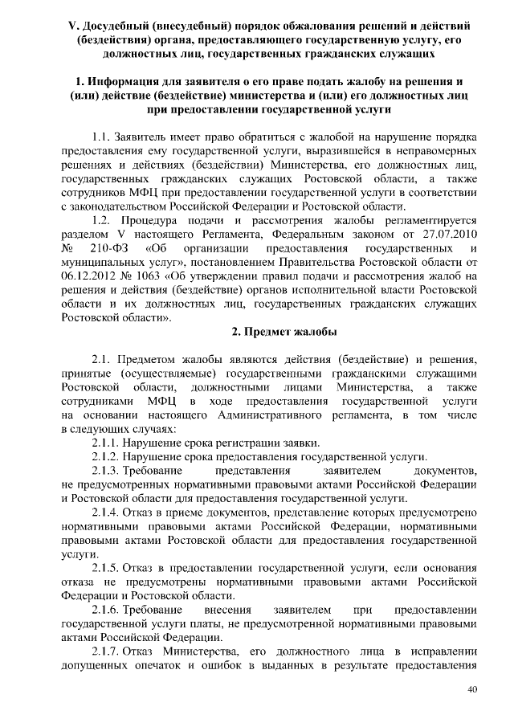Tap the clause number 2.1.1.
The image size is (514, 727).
pos(108,443)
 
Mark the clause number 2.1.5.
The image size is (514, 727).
pos(108,568)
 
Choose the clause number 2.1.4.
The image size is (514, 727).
pos(108,512)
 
